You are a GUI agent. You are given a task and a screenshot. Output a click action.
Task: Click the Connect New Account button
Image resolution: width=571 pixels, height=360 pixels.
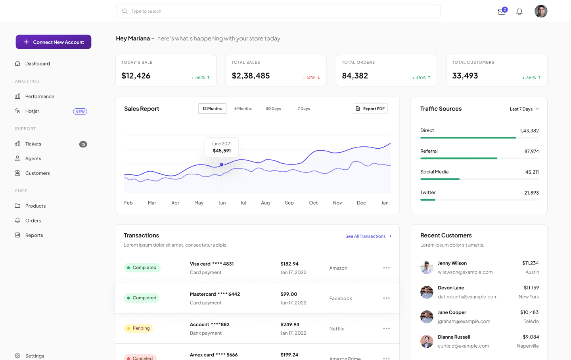point(54,42)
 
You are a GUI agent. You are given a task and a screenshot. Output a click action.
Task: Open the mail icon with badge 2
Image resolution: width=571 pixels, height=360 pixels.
point(502,11)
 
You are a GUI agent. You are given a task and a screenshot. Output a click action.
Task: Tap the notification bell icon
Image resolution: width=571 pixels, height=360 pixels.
point(519,11)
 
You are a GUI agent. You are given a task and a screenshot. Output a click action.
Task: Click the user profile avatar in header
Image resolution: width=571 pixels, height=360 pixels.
point(541,11)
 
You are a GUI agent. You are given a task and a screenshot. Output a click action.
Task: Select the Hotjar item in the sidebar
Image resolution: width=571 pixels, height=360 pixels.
point(33,111)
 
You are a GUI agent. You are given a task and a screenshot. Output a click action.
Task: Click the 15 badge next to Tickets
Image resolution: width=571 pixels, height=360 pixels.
point(83,144)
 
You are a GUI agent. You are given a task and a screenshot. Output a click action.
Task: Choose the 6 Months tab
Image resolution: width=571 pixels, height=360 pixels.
point(243,109)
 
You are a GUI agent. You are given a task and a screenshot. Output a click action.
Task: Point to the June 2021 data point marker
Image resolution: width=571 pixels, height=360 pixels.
point(222,165)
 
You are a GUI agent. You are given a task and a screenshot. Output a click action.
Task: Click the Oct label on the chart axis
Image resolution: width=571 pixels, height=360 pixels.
point(313,203)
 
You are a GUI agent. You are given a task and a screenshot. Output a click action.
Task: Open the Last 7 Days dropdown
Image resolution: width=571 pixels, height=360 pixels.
point(524,109)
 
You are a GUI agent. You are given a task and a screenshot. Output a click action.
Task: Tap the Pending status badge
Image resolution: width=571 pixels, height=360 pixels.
point(138,328)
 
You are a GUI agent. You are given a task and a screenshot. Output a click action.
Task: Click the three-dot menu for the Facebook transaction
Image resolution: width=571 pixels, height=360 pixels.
point(386,298)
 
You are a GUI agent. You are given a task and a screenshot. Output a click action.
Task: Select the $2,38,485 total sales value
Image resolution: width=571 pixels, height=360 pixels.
point(251,76)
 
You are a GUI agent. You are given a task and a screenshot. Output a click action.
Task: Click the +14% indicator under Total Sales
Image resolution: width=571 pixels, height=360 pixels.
point(311,78)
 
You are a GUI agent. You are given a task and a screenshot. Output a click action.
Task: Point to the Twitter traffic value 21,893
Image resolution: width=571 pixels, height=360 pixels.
point(531,193)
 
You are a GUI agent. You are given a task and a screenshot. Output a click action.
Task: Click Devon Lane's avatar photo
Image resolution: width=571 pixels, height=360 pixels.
point(427,292)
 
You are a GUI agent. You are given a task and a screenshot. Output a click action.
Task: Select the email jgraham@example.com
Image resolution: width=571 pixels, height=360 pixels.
point(464,322)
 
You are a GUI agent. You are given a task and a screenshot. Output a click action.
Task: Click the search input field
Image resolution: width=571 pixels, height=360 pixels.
point(278,11)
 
